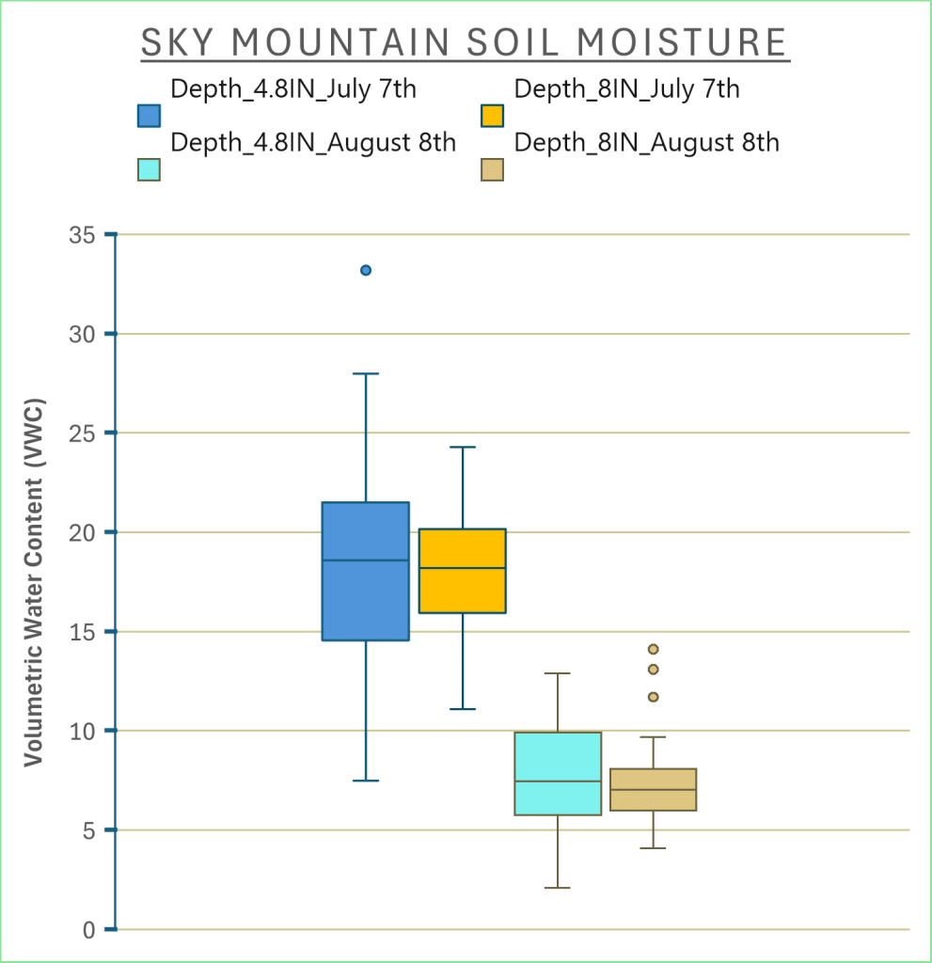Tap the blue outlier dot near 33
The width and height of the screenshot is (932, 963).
pyautogui.click(x=366, y=270)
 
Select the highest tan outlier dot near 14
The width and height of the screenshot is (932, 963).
pyautogui.click(x=653, y=649)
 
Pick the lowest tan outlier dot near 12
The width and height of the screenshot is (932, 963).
pyautogui.click(x=653, y=697)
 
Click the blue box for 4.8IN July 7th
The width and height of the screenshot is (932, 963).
pyautogui.click(x=366, y=571)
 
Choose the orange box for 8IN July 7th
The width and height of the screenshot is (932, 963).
pyautogui.click(x=462, y=571)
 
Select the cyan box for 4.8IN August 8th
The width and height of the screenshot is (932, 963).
pyautogui.click(x=558, y=773)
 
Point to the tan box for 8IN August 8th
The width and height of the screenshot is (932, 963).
pyautogui.click(x=653, y=789)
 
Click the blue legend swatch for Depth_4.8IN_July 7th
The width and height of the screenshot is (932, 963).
pyautogui.click(x=149, y=116)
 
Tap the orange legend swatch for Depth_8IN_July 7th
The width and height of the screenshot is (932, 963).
pyautogui.click(x=492, y=116)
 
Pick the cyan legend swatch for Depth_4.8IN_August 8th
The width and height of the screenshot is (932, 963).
pyautogui.click(x=149, y=169)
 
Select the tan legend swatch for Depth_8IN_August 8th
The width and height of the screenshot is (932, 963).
pyautogui.click(x=492, y=169)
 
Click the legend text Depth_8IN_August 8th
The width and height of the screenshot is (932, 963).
pyautogui.click(x=646, y=143)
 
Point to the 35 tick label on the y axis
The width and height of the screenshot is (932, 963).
pyautogui.click(x=82, y=234)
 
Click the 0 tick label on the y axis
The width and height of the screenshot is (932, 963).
pyautogui.click(x=89, y=930)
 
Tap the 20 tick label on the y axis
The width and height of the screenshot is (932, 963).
pyautogui.click(x=82, y=532)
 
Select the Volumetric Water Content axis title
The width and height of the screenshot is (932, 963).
pyautogui.click(x=34, y=582)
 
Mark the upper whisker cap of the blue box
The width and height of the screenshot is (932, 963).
pyautogui.click(x=366, y=373)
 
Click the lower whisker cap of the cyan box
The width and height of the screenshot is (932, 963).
pyautogui.click(x=558, y=888)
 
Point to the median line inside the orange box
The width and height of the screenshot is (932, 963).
pyautogui.click(x=462, y=567)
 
